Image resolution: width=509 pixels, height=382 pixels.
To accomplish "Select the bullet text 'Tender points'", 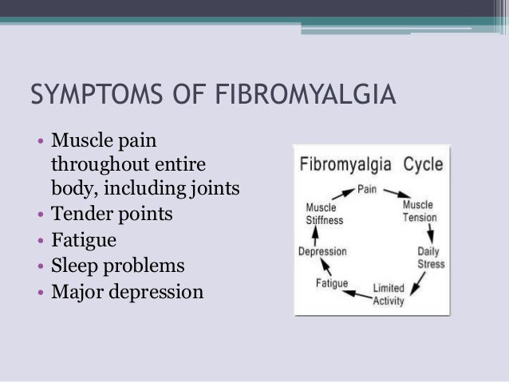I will pyautogui.click(x=111, y=214).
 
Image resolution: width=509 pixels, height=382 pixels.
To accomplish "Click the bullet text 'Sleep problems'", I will pyautogui.click(x=117, y=265).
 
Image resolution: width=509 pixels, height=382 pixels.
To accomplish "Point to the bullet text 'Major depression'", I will pyautogui.click(x=127, y=291).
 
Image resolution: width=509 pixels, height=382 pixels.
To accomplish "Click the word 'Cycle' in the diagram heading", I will pyautogui.click(x=423, y=165).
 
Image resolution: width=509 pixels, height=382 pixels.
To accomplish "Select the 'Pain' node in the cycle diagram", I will pyautogui.click(x=368, y=190).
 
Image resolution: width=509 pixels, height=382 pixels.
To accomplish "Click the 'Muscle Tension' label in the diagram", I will pyautogui.click(x=419, y=211).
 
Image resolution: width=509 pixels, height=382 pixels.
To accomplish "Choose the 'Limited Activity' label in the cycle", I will pyautogui.click(x=389, y=293).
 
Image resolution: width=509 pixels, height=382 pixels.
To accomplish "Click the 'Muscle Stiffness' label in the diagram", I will pyautogui.click(x=324, y=214).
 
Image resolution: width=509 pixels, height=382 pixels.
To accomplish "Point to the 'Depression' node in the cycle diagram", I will pyautogui.click(x=322, y=252).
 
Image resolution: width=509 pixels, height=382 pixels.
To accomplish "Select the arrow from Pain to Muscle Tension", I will pyautogui.click(x=394, y=193).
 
